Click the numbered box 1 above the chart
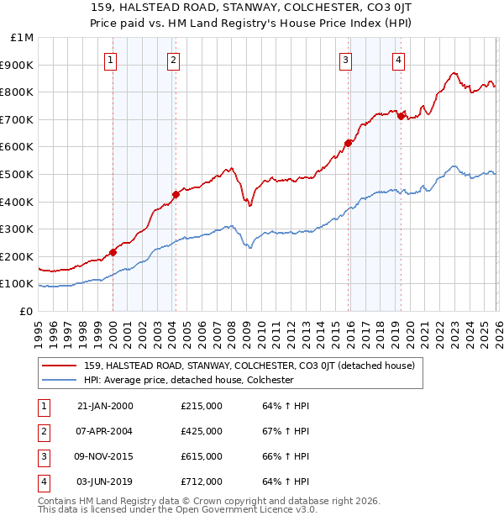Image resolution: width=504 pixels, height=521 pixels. (x=112, y=60)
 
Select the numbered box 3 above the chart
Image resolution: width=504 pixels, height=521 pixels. (x=345, y=60)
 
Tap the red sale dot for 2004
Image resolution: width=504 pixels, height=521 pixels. (x=176, y=195)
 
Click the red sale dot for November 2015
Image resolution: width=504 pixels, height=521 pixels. (x=348, y=143)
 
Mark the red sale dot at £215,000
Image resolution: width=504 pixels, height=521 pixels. (x=113, y=252)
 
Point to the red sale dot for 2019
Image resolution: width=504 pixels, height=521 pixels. (x=401, y=116)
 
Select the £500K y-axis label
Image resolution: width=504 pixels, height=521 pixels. (x=18, y=175)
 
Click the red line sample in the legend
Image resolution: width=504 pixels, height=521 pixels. (x=59, y=366)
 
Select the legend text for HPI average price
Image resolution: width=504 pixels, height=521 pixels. (x=188, y=380)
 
